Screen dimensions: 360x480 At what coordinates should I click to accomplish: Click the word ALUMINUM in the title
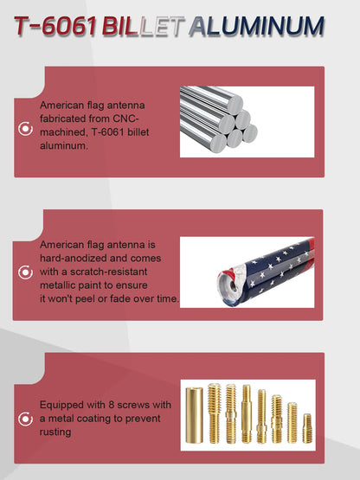click(x=256, y=26)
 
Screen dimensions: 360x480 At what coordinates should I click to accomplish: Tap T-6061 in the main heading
click(x=55, y=26)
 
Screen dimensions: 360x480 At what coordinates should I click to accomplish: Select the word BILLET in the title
click(x=143, y=26)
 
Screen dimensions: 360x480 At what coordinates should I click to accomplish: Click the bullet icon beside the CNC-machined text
click(x=25, y=129)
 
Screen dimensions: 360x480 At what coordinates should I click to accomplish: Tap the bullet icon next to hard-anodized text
click(x=25, y=272)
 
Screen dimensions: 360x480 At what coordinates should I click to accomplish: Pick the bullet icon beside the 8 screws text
click(x=25, y=419)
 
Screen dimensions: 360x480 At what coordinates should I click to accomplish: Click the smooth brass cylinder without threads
click(x=194, y=415)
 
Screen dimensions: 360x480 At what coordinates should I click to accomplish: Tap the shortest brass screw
click(x=307, y=428)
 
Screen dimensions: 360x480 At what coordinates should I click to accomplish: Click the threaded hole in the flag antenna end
click(x=233, y=287)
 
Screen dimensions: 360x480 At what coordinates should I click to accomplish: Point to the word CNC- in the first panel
click(x=125, y=118)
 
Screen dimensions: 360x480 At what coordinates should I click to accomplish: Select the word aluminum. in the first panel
click(x=64, y=145)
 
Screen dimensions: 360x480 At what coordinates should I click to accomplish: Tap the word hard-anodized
click(x=74, y=258)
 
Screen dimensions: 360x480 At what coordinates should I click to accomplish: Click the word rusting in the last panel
click(x=55, y=432)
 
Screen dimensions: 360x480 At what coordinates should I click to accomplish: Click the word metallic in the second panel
click(x=57, y=285)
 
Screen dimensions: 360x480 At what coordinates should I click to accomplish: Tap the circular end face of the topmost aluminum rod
click(x=235, y=105)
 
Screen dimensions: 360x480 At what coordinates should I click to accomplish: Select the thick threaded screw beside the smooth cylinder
click(x=214, y=413)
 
